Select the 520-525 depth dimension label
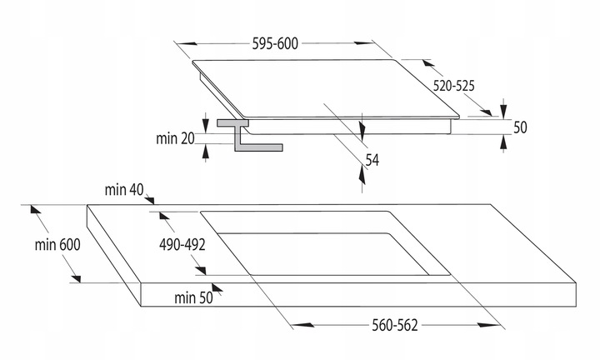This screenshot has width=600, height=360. point(453,85)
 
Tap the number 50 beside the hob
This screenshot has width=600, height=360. point(520,127)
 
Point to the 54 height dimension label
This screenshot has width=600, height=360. point(372,159)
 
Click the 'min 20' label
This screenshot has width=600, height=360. point(176,137)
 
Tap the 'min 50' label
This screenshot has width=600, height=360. point(193,296)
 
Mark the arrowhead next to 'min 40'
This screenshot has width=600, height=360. point(152,199)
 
